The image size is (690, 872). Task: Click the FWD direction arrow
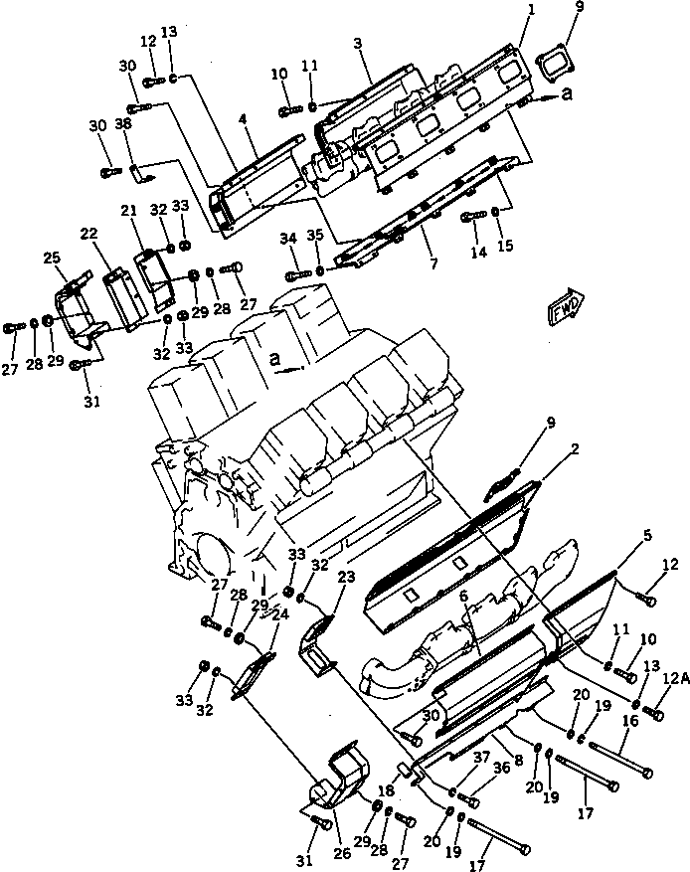pos(565,306)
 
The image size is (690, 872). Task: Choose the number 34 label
pos(289,239)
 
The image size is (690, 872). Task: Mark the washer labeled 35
pos(320,271)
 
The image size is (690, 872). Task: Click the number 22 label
pos(89,233)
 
